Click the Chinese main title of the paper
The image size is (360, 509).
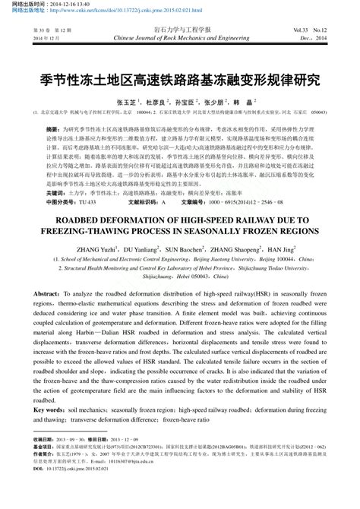pyautogui.click(x=180, y=79)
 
